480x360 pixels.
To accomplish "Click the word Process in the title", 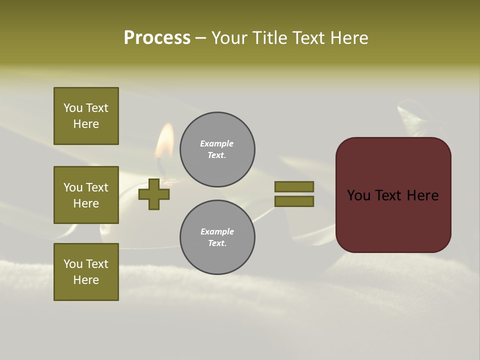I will [157, 38].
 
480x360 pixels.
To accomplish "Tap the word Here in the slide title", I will [349, 38].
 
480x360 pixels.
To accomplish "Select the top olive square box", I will [86, 116].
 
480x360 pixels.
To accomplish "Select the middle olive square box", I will [86, 195].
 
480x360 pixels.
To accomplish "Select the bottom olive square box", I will [86, 272].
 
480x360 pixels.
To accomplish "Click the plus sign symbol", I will [154, 194].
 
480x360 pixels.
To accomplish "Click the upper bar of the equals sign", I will [294, 186].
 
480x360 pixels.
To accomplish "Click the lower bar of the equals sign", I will [294, 201].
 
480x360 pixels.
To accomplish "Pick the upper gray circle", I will [217, 149].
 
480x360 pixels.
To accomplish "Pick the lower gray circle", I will [217, 237].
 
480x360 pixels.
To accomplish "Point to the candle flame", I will [164, 141].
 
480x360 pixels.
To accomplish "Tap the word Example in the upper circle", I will [217, 143].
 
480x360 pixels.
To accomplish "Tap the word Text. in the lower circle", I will [217, 243].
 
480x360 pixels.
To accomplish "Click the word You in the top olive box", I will [73, 108].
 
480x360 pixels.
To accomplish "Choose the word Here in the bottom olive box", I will [86, 280].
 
